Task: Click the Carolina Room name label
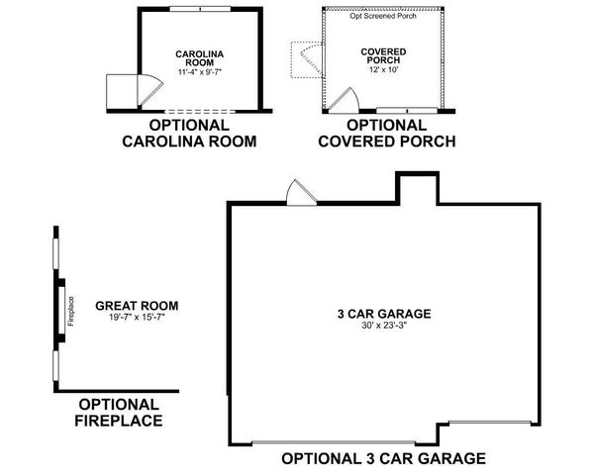(196, 58)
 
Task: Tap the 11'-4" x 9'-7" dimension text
(196, 72)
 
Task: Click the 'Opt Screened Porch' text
(384, 17)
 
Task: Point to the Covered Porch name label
(385, 57)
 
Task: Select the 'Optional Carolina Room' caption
(189, 134)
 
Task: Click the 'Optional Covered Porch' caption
(386, 134)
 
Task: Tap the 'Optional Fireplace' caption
(118, 412)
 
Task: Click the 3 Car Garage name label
(383, 315)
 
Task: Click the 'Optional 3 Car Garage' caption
(383, 458)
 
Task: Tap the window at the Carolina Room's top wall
(201, 9)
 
